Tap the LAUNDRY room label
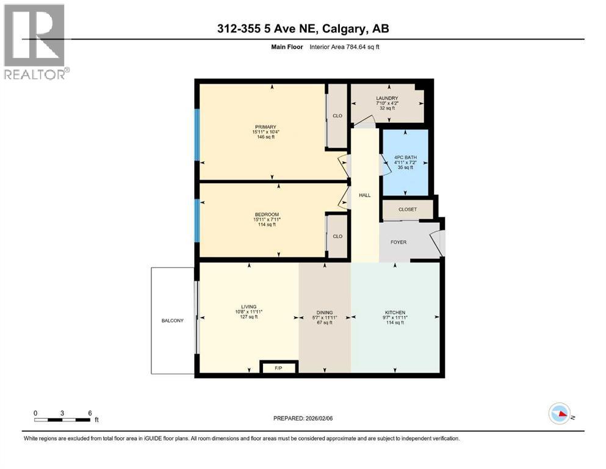click(x=387, y=98)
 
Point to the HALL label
click(x=364, y=195)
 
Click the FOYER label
click(x=398, y=242)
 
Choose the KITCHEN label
click(x=395, y=313)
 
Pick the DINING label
click(x=324, y=313)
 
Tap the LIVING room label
click(x=248, y=307)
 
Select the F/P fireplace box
click(x=278, y=368)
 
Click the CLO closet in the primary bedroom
click(x=337, y=115)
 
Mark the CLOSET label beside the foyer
click(x=407, y=209)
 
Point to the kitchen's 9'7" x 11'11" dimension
click(x=395, y=318)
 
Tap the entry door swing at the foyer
click(x=438, y=241)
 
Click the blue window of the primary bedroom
click(x=197, y=135)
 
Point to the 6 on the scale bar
click(x=90, y=413)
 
